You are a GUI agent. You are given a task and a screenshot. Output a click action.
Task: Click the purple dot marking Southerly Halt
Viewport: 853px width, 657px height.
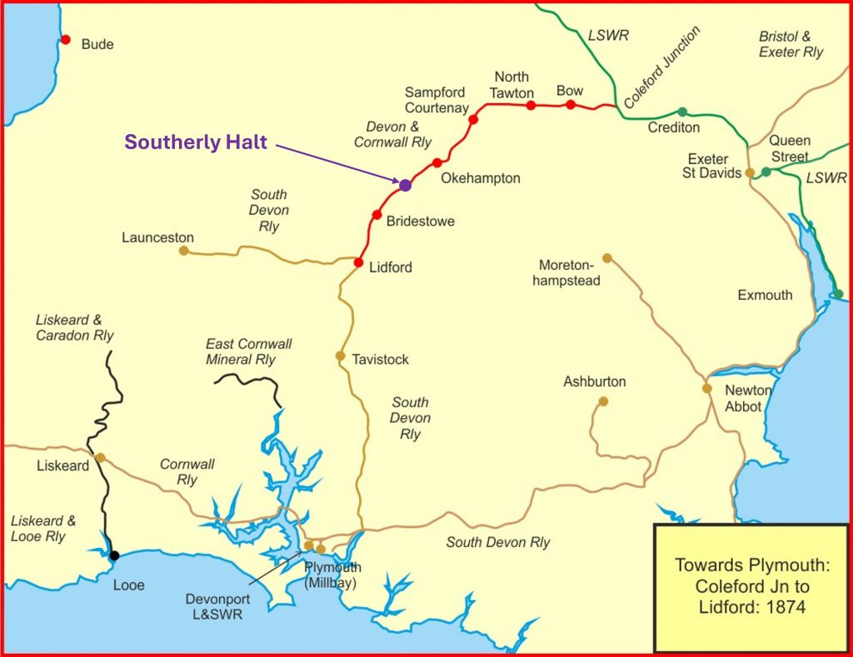pos(405,185)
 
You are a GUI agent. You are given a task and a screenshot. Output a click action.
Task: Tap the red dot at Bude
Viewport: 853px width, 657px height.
pos(65,39)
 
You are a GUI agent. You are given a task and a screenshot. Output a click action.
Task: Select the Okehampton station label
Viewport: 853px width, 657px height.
pos(480,178)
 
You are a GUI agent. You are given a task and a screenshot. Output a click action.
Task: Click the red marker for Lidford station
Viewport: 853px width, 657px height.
pos(358,262)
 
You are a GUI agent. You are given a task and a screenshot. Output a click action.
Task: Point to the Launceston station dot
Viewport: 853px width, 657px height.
pos(183,250)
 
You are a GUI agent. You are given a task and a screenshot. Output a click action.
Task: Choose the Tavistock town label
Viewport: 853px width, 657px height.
pos(380,360)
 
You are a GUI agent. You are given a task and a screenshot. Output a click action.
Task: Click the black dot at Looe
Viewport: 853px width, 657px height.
pos(114,555)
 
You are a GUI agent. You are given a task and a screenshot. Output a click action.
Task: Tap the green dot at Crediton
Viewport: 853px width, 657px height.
pos(682,112)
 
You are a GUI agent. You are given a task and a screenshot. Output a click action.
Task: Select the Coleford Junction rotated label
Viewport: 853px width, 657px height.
pos(662,68)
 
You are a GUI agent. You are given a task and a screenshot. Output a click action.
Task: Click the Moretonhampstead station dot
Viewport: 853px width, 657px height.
pos(606,257)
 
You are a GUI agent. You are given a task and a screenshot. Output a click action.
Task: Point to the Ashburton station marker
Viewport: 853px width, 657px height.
pos(603,401)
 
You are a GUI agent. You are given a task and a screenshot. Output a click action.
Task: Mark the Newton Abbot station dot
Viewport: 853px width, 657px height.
pos(706,388)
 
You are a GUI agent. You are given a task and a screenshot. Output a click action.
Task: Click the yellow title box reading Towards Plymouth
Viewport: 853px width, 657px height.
pos(751,586)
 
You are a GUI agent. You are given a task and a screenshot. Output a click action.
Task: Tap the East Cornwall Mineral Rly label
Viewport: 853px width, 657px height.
pos(248,351)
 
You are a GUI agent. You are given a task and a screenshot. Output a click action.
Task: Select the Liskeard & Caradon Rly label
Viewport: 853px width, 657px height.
pos(74,327)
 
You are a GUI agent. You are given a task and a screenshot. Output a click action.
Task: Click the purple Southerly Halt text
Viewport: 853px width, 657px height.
pos(196,142)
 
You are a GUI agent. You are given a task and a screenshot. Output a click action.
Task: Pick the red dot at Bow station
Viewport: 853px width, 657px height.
pos(571,104)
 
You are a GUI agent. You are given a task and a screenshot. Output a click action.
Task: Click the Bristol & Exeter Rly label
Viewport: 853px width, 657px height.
pos(791,44)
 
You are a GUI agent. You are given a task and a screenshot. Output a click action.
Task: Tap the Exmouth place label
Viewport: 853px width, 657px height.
pos(765,295)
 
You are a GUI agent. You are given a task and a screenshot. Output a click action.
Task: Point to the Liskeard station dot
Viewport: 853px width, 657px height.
pos(100,457)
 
